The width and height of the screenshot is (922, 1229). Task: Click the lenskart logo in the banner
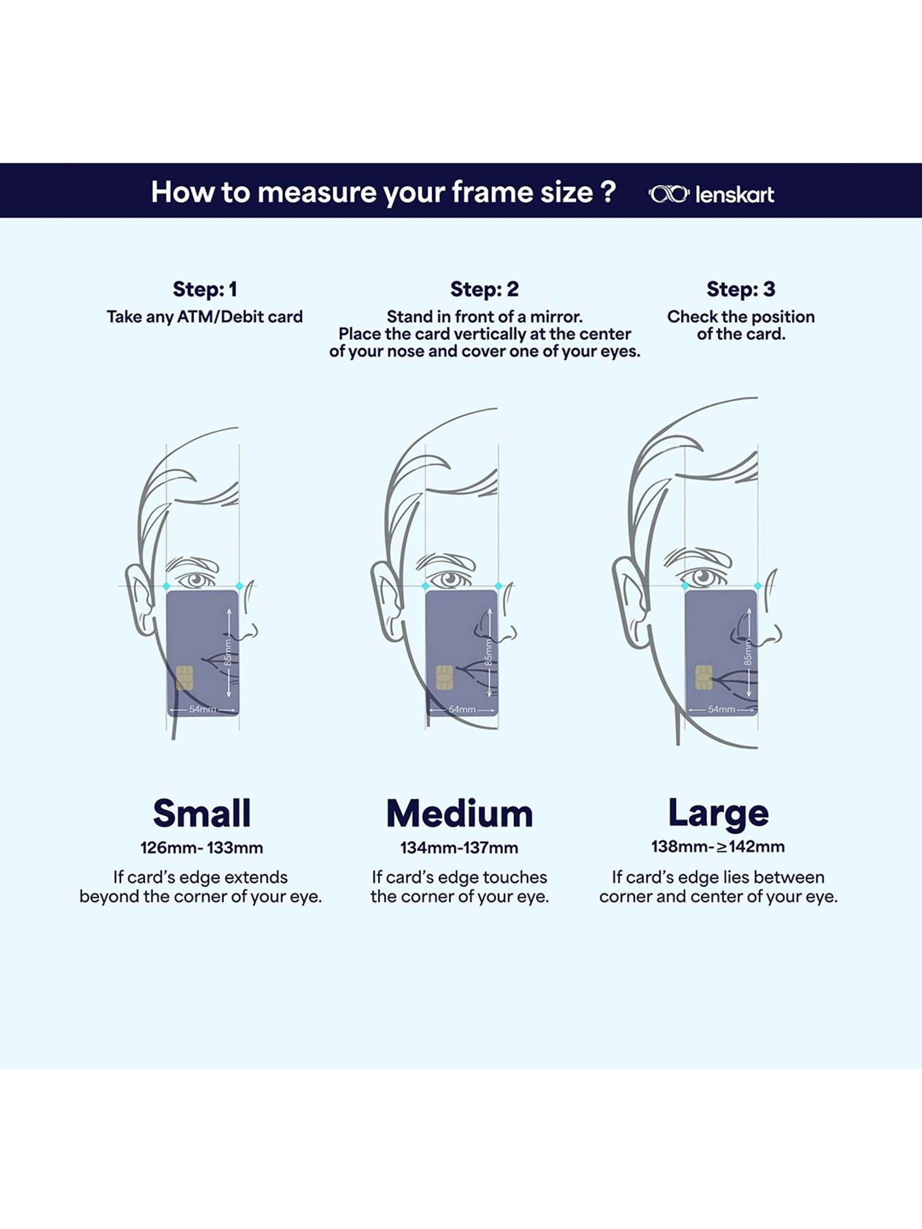point(711,194)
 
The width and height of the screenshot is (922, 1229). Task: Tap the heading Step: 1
point(205,289)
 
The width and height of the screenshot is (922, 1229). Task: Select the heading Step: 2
point(484,289)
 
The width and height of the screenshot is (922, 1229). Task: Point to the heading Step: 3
point(741,289)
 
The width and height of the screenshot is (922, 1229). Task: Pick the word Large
point(718,814)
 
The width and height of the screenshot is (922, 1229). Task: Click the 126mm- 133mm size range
point(202,848)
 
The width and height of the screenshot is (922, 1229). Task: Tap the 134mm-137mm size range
point(459,848)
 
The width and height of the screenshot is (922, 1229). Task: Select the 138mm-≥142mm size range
point(718,847)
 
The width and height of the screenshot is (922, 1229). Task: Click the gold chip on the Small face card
point(184,677)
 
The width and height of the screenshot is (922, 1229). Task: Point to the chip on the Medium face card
point(444,677)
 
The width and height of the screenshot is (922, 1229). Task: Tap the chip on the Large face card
point(704,677)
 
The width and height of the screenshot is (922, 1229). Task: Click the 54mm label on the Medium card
point(462,709)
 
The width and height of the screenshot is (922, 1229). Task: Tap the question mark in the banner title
point(608,191)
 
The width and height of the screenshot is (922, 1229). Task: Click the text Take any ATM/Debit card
point(205,317)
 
